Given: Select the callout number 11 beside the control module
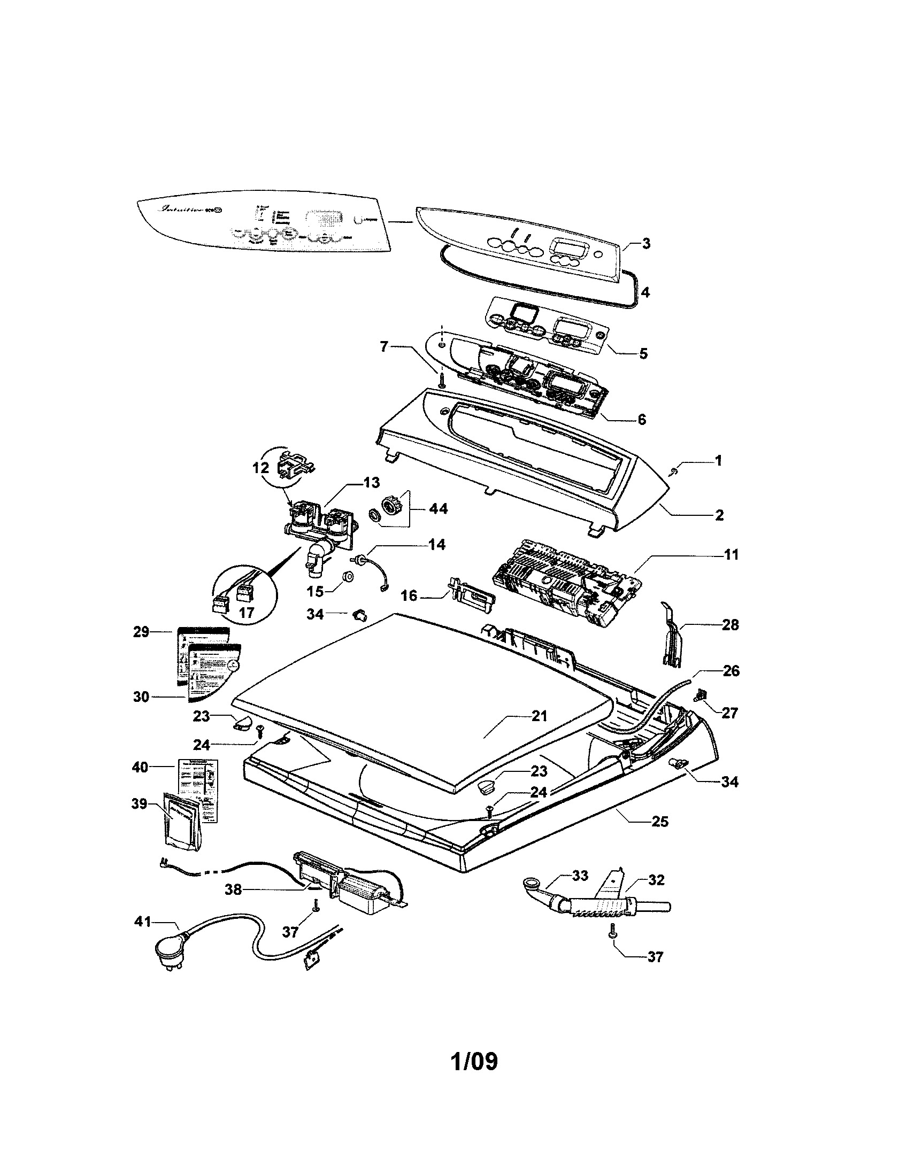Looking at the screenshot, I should (731, 554).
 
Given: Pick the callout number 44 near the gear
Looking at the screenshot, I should (437, 508).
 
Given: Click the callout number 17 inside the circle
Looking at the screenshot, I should (247, 612).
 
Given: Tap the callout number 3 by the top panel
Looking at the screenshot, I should (645, 243).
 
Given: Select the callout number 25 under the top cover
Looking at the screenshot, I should (659, 821).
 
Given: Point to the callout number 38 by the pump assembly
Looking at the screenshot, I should (233, 889).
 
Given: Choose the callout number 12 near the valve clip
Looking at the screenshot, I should (260, 467).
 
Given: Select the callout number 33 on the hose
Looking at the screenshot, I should (580, 876).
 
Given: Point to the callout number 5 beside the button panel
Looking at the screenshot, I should (643, 354).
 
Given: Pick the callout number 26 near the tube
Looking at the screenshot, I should (731, 671).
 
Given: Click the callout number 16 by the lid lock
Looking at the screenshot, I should (409, 596).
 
